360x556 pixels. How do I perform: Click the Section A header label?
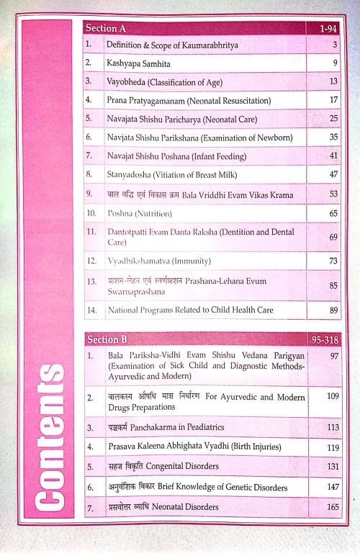tap(106, 28)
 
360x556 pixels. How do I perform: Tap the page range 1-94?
tap(328, 29)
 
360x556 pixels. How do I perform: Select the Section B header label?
tap(106, 338)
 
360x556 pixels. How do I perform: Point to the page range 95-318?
tap(325, 338)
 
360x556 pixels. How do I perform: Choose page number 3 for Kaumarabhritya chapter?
tap(335, 45)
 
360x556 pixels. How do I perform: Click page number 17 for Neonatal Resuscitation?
tap(333, 99)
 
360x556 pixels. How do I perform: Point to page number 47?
tap(333, 174)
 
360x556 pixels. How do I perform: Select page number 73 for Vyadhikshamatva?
tap(333, 260)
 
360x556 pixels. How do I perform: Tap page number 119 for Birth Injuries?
tap(331, 447)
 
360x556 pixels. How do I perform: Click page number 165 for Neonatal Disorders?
tap(331, 507)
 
